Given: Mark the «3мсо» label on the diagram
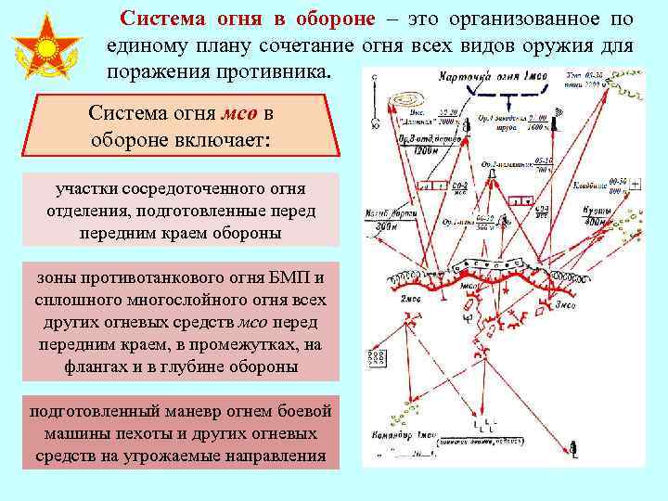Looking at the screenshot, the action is point(566,303).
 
